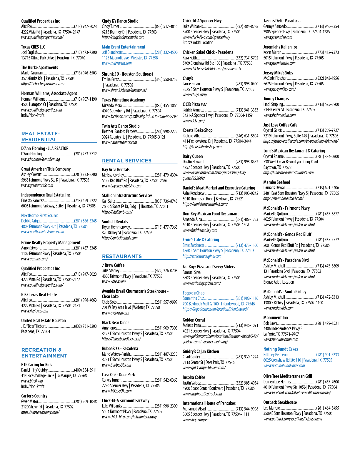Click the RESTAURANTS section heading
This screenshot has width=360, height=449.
[122, 256]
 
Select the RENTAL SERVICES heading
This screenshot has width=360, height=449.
[126, 161]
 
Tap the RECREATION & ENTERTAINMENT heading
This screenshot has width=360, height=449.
[44, 353]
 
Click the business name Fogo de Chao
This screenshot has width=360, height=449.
[193, 293]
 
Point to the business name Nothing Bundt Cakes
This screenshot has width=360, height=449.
[281, 349]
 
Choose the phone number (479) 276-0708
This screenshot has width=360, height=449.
[166, 271]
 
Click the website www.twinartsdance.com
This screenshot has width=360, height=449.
[119, 142]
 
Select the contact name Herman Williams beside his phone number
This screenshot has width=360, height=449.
[33, 99]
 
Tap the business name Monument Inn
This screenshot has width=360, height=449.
[276, 317]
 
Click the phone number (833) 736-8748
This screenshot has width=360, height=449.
[166, 201]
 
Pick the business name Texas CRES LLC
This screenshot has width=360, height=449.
[33, 47]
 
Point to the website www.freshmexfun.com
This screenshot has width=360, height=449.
[279, 115]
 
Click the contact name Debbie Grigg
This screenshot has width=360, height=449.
[30, 221]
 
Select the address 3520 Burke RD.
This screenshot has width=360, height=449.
[32, 79]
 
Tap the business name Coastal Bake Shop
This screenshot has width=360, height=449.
[198, 130]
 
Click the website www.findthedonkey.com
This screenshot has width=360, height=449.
[200, 230]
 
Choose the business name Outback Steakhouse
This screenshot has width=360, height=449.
[280, 402]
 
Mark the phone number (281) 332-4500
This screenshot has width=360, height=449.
[166, 52]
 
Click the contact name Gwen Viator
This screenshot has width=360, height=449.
[30, 401]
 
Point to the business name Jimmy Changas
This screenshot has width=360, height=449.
[276, 99]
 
